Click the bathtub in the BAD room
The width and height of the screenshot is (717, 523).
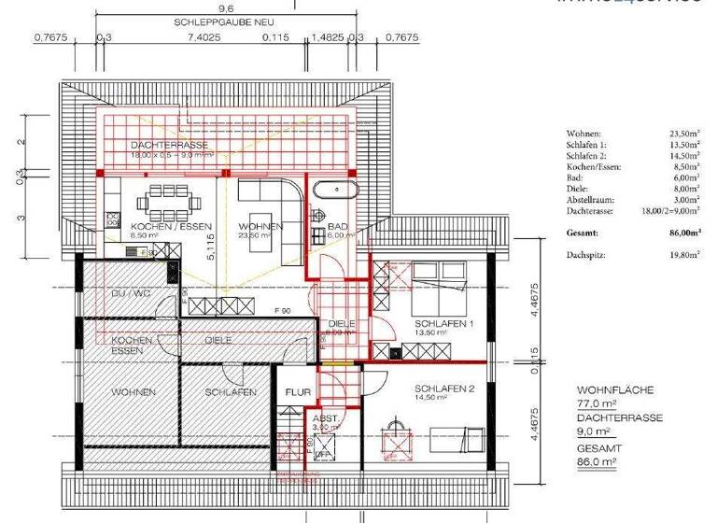[333, 191]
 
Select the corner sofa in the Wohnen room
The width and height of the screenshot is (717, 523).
[273, 197]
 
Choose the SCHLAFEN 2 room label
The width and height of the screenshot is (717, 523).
[445, 388]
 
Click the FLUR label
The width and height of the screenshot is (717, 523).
[298, 393]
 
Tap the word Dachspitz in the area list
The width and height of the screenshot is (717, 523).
[584, 254]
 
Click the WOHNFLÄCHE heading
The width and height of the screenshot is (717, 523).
[615, 389]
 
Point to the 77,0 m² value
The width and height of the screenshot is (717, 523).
[597, 403]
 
